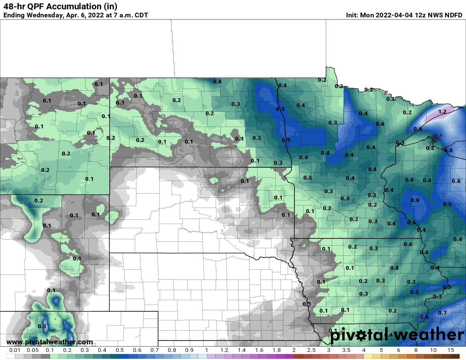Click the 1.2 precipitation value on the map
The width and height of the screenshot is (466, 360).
(x=442, y=112)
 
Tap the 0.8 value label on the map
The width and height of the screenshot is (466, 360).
(x=456, y=181)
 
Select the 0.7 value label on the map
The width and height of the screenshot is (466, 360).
(x=442, y=313)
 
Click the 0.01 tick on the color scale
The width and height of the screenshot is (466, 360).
(x=15, y=350)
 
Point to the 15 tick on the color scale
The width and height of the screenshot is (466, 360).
(x=451, y=350)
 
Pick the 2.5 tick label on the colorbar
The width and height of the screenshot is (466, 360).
(x=311, y=350)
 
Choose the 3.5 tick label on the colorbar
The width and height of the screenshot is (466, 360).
(x=346, y=350)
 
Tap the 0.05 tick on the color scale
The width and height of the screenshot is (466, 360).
(x=32, y=350)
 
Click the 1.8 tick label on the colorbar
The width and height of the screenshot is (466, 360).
(x=276, y=350)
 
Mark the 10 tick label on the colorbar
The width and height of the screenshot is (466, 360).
(x=433, y=350)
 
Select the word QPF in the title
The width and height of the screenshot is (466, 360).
(x=36, y=6)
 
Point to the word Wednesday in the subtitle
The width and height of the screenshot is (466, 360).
(x=44, y=15)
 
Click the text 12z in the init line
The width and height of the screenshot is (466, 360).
(x=424, y=15)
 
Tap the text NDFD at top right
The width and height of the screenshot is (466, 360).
(x=453, y=15)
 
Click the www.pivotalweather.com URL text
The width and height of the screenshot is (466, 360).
(x=50, y=342)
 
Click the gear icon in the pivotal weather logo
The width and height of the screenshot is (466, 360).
(x=361, y=336)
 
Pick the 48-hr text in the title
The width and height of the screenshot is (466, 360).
(x=14, y=6)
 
